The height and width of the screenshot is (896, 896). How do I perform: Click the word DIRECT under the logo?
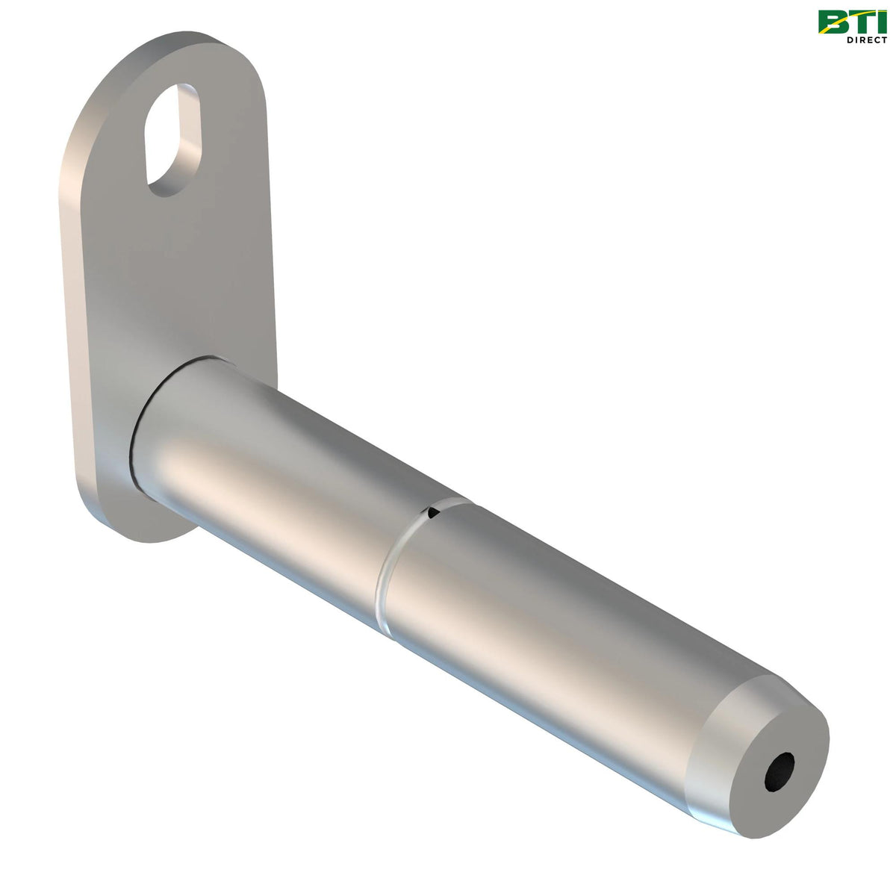(x=867, y=40)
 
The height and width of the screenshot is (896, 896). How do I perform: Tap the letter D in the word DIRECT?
(x=850, y=40)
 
